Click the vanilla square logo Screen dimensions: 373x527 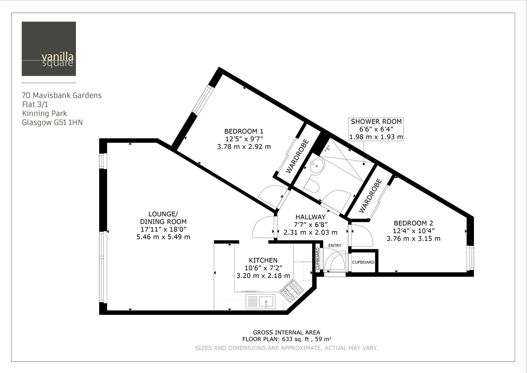point(48,49)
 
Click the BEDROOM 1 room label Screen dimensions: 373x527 point(244,131)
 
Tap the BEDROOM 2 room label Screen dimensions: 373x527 point(413,223)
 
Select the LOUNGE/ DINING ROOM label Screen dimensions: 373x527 point(163,218)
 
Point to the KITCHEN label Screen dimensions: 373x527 point(263,260)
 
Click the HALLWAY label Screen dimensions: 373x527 point(310,217)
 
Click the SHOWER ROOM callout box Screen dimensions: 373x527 point(376,129)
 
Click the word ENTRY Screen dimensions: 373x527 point(335,245)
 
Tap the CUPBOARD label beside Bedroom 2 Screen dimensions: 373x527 point(363,262)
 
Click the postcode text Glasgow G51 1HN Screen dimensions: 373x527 point(52,123)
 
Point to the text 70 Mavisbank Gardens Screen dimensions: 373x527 point(61,95)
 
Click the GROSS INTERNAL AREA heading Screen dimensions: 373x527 point(286,333)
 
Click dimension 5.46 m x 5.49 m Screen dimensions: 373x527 point(163,237)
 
